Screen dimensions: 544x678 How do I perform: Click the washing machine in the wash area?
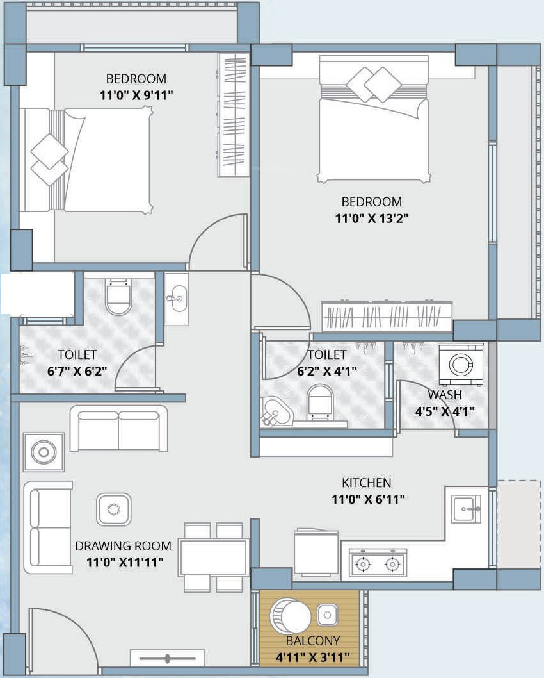[x=461, y=364]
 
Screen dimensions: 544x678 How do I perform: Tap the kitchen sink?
[x=467, y=509]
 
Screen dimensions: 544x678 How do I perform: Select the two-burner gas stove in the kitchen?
[x=378, y=561]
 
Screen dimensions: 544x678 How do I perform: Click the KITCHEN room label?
[x=367, y=483]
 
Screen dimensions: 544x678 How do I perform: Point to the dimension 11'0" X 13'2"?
[x=372, y=219]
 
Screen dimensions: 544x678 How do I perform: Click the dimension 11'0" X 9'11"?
[x=136, y=95]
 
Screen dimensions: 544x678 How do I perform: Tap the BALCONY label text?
[x=312, y=640]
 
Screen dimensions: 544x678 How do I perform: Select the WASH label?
[x=445, y=395]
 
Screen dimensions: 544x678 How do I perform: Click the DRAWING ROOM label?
[x=123, y=546]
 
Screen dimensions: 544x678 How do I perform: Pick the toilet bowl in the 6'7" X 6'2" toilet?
[x=118, y=297]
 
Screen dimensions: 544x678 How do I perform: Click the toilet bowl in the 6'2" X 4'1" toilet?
[x=320, y=403]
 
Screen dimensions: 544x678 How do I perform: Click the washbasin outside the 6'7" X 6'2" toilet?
[x=177, y=298]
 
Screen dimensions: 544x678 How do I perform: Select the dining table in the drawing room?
[x=214, y=557]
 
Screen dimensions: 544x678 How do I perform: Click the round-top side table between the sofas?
[x=44, y=452]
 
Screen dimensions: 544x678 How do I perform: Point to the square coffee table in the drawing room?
[x=113, y=509]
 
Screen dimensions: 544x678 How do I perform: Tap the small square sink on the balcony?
[x=327, y=615]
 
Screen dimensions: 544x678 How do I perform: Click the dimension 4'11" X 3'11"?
[x=312, y=657]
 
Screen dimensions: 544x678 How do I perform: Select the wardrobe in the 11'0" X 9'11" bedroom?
[x=234, y=115]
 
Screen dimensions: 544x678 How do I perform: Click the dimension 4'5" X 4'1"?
[x=445, y=411]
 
